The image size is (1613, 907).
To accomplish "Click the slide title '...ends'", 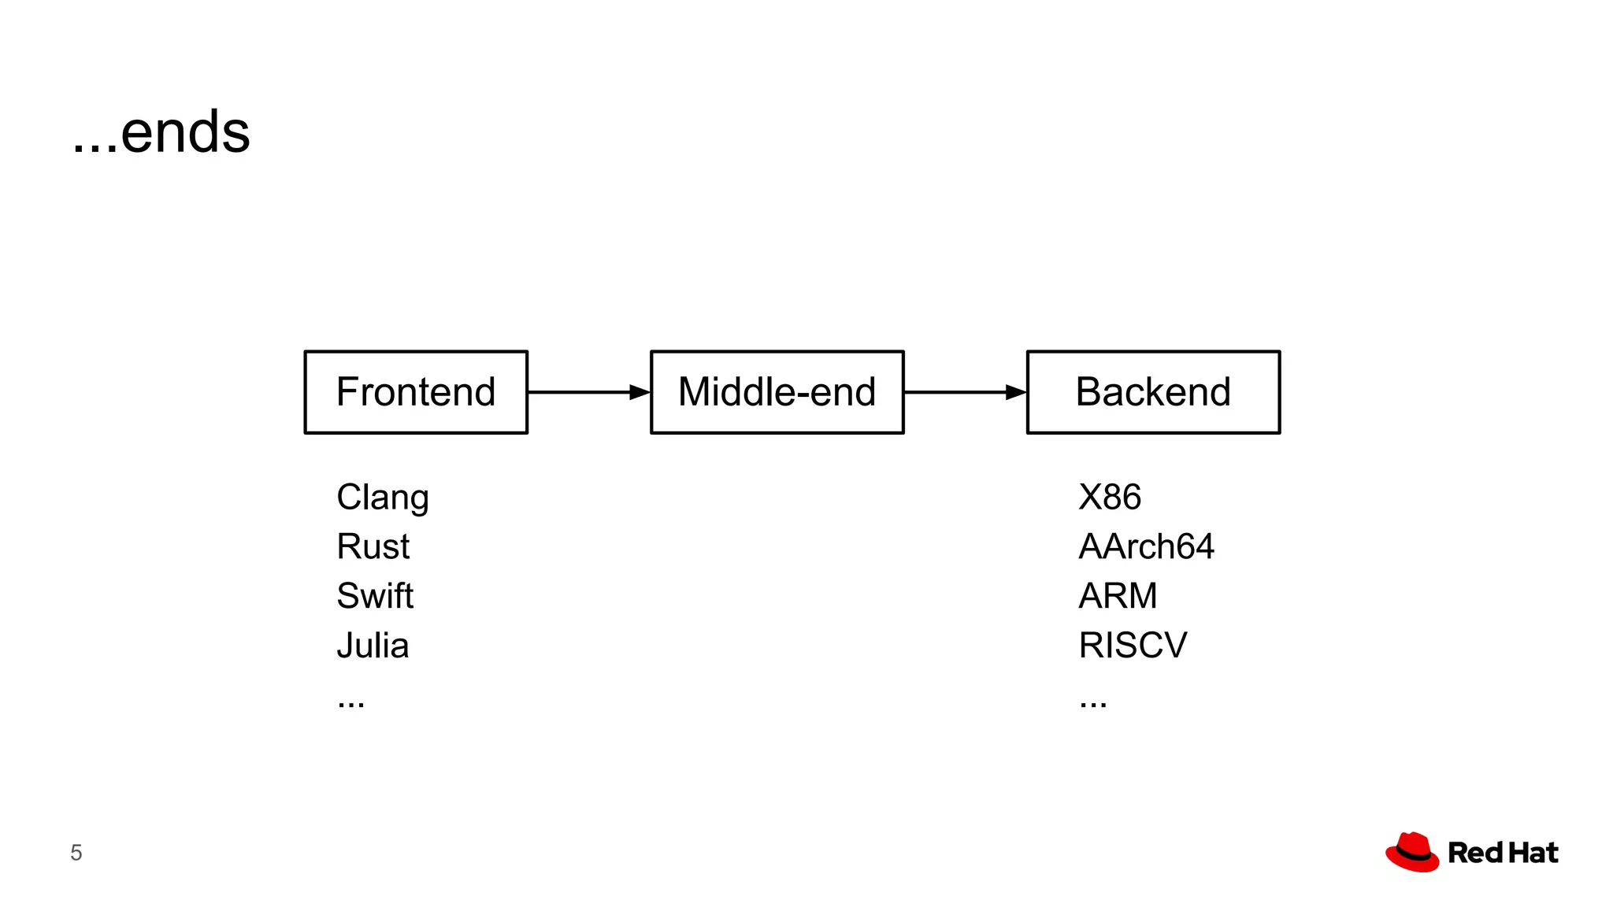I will (161, 132).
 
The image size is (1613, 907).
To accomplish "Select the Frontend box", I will (416, 392).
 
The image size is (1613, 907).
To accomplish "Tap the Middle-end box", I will (777, 392).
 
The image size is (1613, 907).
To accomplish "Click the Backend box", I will (1153, 392).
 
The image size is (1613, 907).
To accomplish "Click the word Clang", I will (383, 498).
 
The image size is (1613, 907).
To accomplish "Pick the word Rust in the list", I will (373, 546).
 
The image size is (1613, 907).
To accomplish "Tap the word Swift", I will (375, 596).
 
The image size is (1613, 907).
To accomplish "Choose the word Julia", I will (373, 646).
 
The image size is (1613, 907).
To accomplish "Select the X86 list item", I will (1109, 498).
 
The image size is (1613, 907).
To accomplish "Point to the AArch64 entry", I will (1146, 546).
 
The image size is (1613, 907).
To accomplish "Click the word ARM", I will (1118, 596).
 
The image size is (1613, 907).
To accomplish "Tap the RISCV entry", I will (1132, 646).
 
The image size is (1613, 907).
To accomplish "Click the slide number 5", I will (76, 853).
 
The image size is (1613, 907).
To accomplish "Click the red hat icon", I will (1412, 852).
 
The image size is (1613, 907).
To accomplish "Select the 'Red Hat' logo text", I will (1503, 853).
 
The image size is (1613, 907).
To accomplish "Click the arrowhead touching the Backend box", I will (1017, 392).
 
